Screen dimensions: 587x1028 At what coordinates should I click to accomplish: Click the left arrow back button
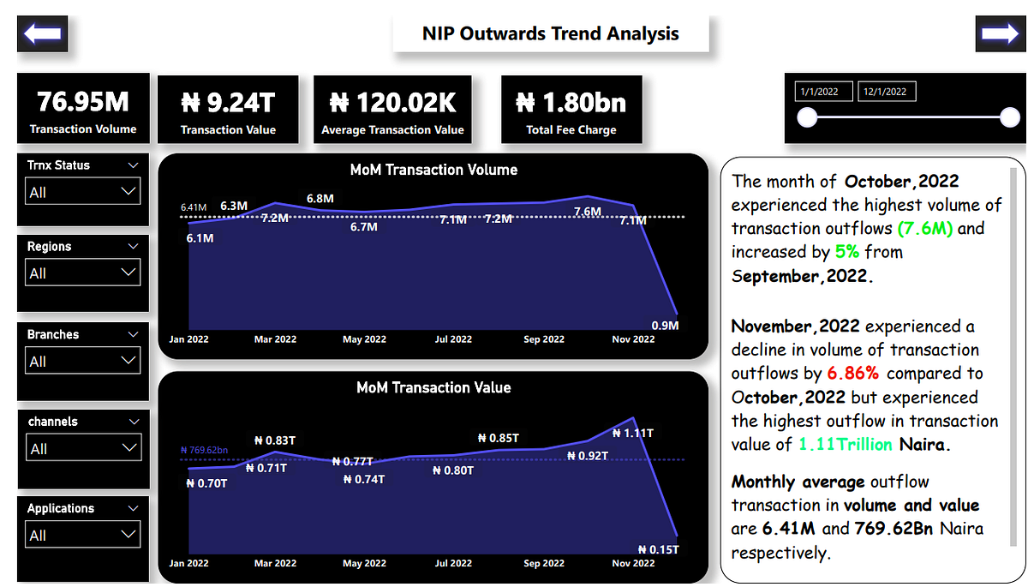(42, 33)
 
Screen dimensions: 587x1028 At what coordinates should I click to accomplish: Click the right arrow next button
(1000, 33)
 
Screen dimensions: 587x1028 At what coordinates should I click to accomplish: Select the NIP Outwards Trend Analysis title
(551, 34)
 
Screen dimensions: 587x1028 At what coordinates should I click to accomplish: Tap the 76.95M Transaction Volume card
(83, 109)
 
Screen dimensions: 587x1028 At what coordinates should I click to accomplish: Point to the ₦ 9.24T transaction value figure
(228, 103)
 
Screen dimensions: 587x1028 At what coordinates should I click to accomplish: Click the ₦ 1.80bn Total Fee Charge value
(571, 103)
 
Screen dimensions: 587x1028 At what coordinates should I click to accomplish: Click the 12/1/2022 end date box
(888, 92)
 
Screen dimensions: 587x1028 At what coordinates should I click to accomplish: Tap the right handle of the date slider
(1010, 118)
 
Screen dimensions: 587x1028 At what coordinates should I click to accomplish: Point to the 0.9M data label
(665, 326)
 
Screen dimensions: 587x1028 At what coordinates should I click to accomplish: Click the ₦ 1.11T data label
(633, 434)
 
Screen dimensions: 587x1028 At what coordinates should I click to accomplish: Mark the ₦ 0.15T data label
(659, 549)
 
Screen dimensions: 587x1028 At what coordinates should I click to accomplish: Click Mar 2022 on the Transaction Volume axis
(275, 339)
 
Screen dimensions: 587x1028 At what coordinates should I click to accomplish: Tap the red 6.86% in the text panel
(853, 374)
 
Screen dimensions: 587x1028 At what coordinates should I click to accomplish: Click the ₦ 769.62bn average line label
(204, 450)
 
